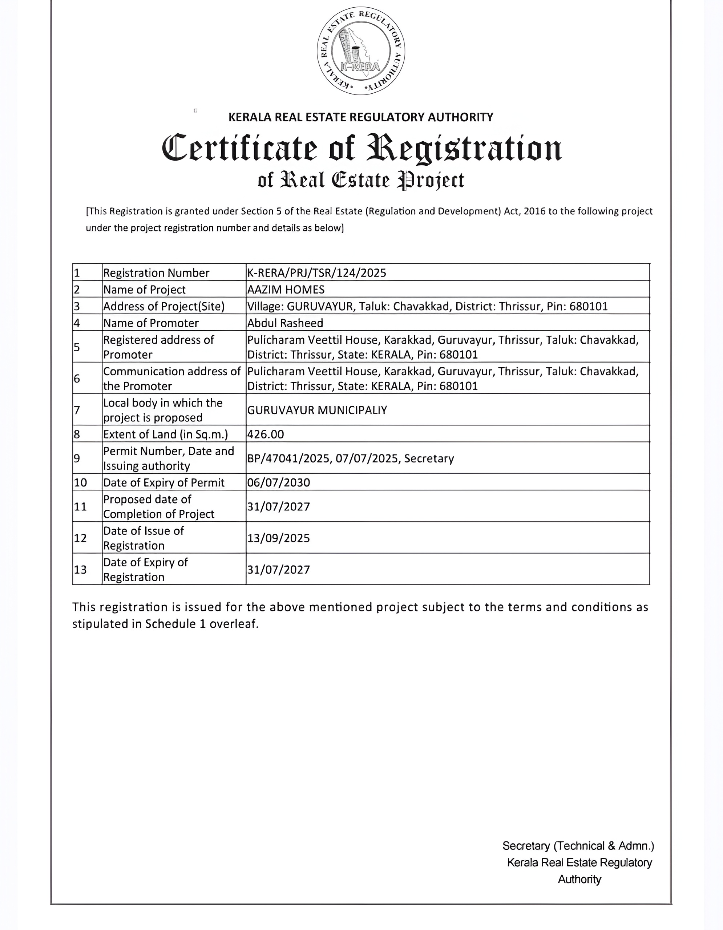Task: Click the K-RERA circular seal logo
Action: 361,50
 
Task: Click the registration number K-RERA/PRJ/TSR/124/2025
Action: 316,272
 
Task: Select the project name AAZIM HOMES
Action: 286,290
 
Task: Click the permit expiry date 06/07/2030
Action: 278,482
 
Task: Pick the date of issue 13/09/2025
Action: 278,538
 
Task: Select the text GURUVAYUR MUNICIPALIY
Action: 317,410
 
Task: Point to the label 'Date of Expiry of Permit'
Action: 163,482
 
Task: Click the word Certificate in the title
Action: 239,148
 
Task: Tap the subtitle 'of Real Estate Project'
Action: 361,180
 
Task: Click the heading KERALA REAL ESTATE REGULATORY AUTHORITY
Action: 361,117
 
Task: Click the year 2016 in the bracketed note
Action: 534,211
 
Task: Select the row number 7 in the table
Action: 77,410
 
